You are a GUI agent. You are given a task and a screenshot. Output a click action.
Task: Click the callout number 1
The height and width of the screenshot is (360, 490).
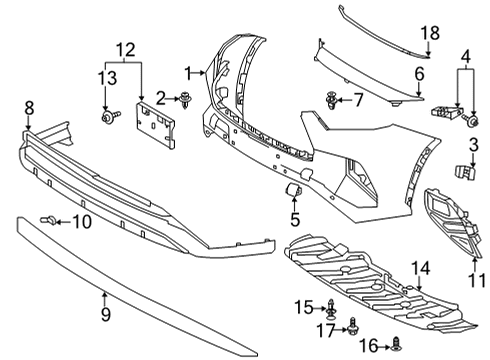click(x=187, y=72)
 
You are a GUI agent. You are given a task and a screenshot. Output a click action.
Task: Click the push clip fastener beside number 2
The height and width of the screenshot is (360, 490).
click(x=186, y=98)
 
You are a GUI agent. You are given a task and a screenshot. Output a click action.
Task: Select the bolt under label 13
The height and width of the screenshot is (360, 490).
click(x=107, y=117)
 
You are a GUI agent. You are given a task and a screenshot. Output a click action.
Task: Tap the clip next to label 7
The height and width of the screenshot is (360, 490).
click(x=332, y=98)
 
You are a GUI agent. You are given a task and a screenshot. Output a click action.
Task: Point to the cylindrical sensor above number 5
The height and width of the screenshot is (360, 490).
click(x=296, y=188)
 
